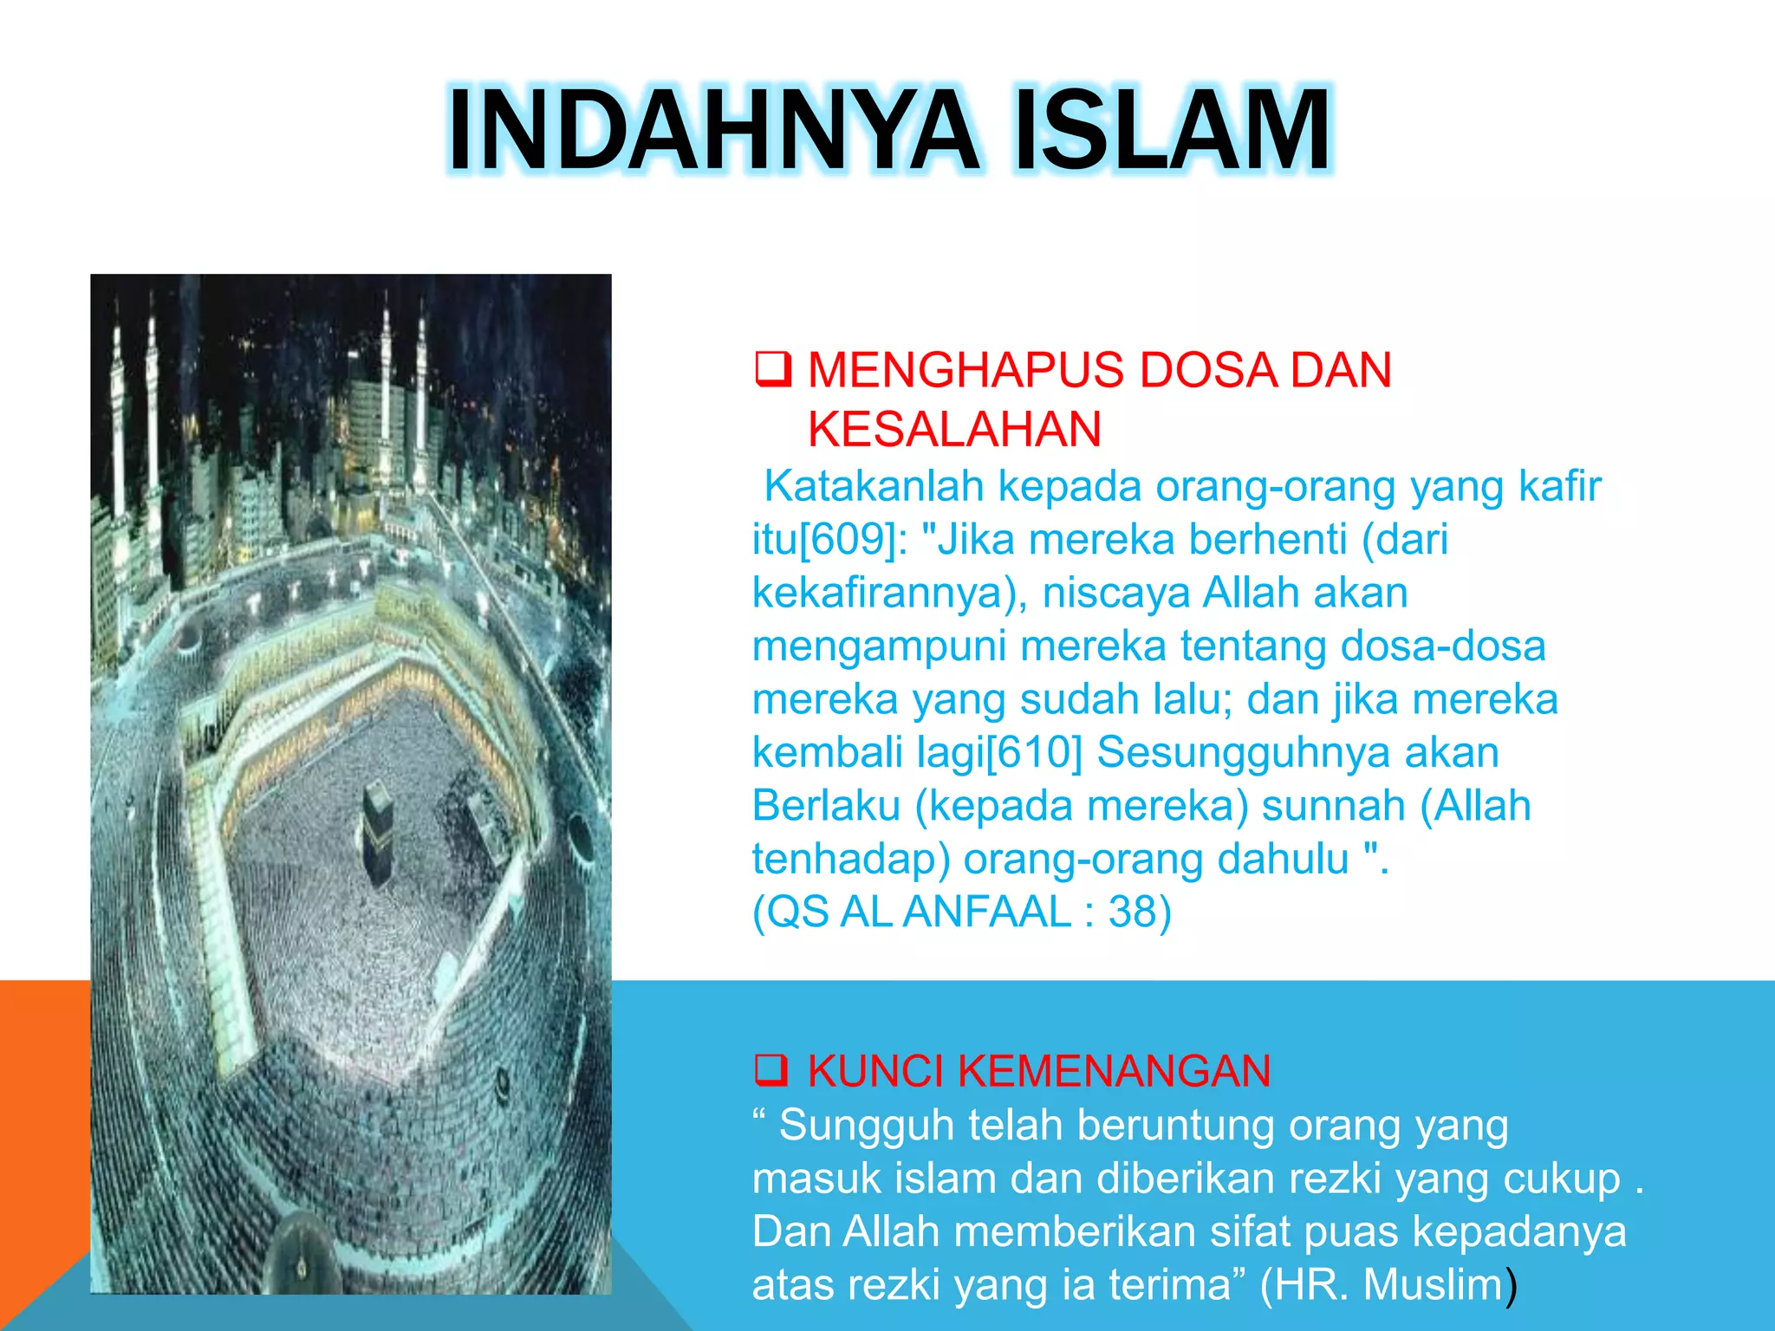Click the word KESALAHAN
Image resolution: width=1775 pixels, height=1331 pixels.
click(x=954, y=429)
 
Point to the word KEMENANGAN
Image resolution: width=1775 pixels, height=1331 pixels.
click(x=1114, y=1071)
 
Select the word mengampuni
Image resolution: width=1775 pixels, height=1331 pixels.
click(x=879, y=646)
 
